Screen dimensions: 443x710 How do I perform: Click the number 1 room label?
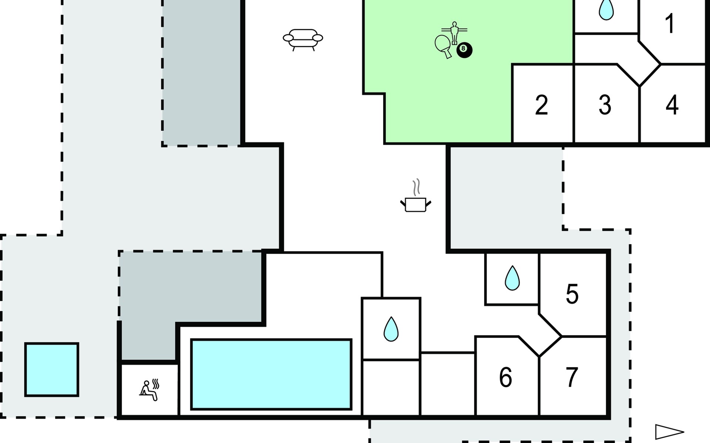(x=670, y=23)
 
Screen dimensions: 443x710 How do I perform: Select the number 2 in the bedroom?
(x=541, y=105)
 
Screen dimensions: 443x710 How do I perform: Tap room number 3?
(x=605, y=105)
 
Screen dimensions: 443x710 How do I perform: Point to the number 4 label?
(x=672, y=105)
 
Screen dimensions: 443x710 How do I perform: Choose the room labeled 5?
(x=572, y=294)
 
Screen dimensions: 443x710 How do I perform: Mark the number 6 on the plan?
(x=506, y=377)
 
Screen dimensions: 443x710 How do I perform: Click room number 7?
(x=572, y=377)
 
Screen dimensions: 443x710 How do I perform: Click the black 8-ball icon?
(x=464, y=50)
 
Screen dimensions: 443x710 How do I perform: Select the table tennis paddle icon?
(x=443, y=45)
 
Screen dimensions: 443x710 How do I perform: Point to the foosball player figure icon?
(x=454, y=32)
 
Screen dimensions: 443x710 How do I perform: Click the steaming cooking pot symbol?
(x=416, y=204)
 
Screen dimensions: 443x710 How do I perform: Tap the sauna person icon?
(x=149, y=391)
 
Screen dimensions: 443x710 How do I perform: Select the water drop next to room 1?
(x=606, y=10)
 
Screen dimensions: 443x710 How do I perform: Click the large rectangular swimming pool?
(x=271, y=374)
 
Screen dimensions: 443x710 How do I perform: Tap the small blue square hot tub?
(x=52, y=370)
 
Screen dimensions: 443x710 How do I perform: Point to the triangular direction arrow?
(x=669, y=432)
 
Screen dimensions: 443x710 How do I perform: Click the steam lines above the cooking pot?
(x=417, y=187)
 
